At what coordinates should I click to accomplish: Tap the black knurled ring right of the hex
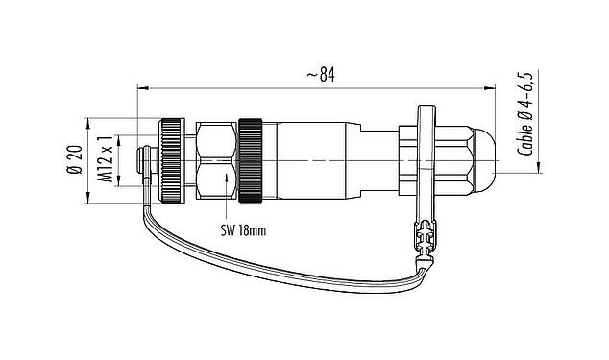click(x=252, y=160)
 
